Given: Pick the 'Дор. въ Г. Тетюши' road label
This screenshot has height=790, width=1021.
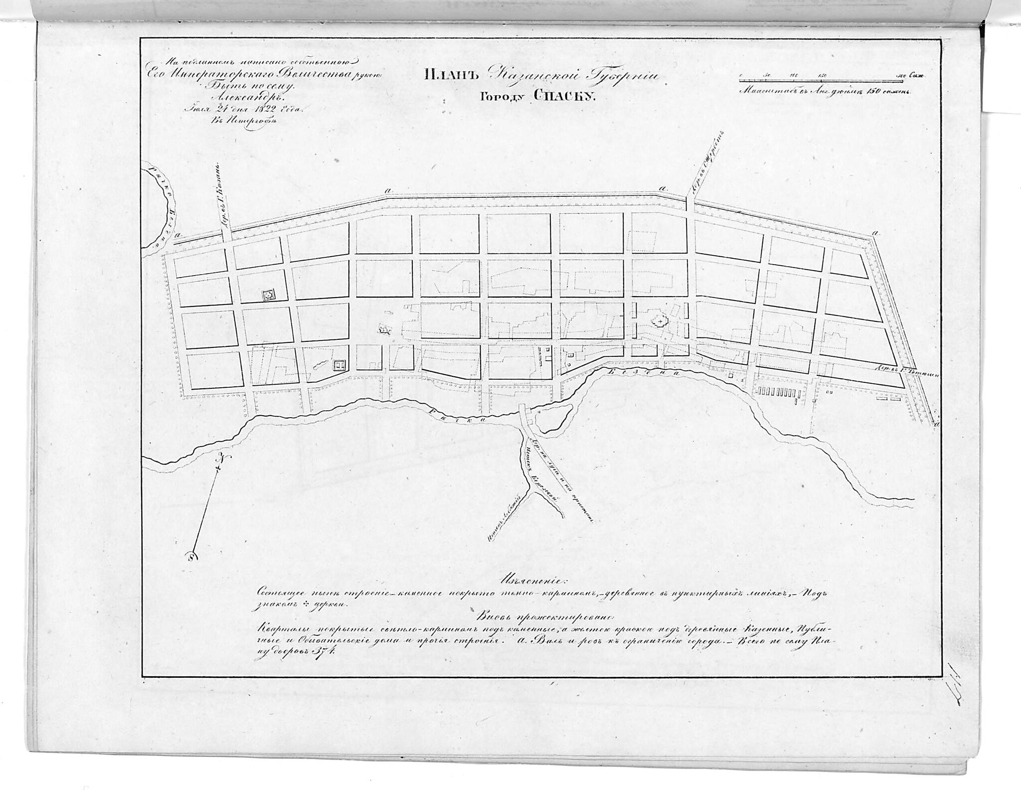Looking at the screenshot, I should [x=902, y=380].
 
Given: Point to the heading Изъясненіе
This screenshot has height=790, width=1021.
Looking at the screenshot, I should [x=529, y=581].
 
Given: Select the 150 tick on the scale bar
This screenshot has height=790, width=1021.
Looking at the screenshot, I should [x=823, y=75].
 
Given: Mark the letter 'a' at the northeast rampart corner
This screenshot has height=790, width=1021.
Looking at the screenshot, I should [x=875, y=233].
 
